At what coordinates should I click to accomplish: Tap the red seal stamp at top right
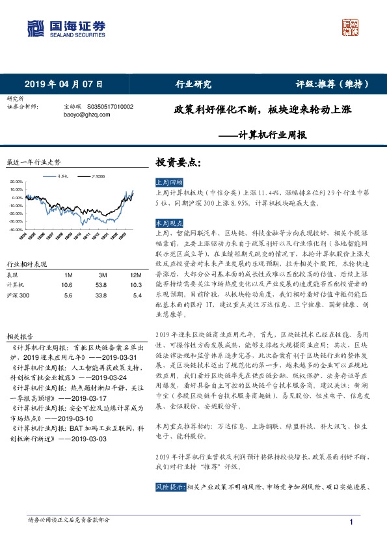pyautogui.click(x=352, y=27)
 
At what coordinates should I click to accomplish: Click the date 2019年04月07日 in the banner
pyautogui.click(x=64, y=84)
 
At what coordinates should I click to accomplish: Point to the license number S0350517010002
pyautogui.click(x=107, y=105)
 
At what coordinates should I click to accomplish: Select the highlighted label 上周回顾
pyautogui.click(x=169, y=182)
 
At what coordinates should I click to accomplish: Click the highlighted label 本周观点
pyautogui.click(x=169, y=222)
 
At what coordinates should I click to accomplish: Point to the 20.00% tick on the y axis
pyautogui.click(x=16, y=182)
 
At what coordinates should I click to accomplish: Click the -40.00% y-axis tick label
pyautogui.click(x=16, y=230)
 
